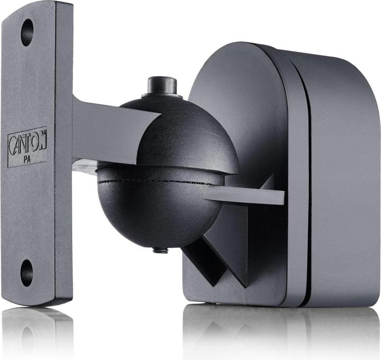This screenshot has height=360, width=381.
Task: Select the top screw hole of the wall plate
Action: [27, 32]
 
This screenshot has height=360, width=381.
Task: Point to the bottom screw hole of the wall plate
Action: [26, 273]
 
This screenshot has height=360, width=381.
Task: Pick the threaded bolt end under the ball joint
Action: [160, 250]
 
